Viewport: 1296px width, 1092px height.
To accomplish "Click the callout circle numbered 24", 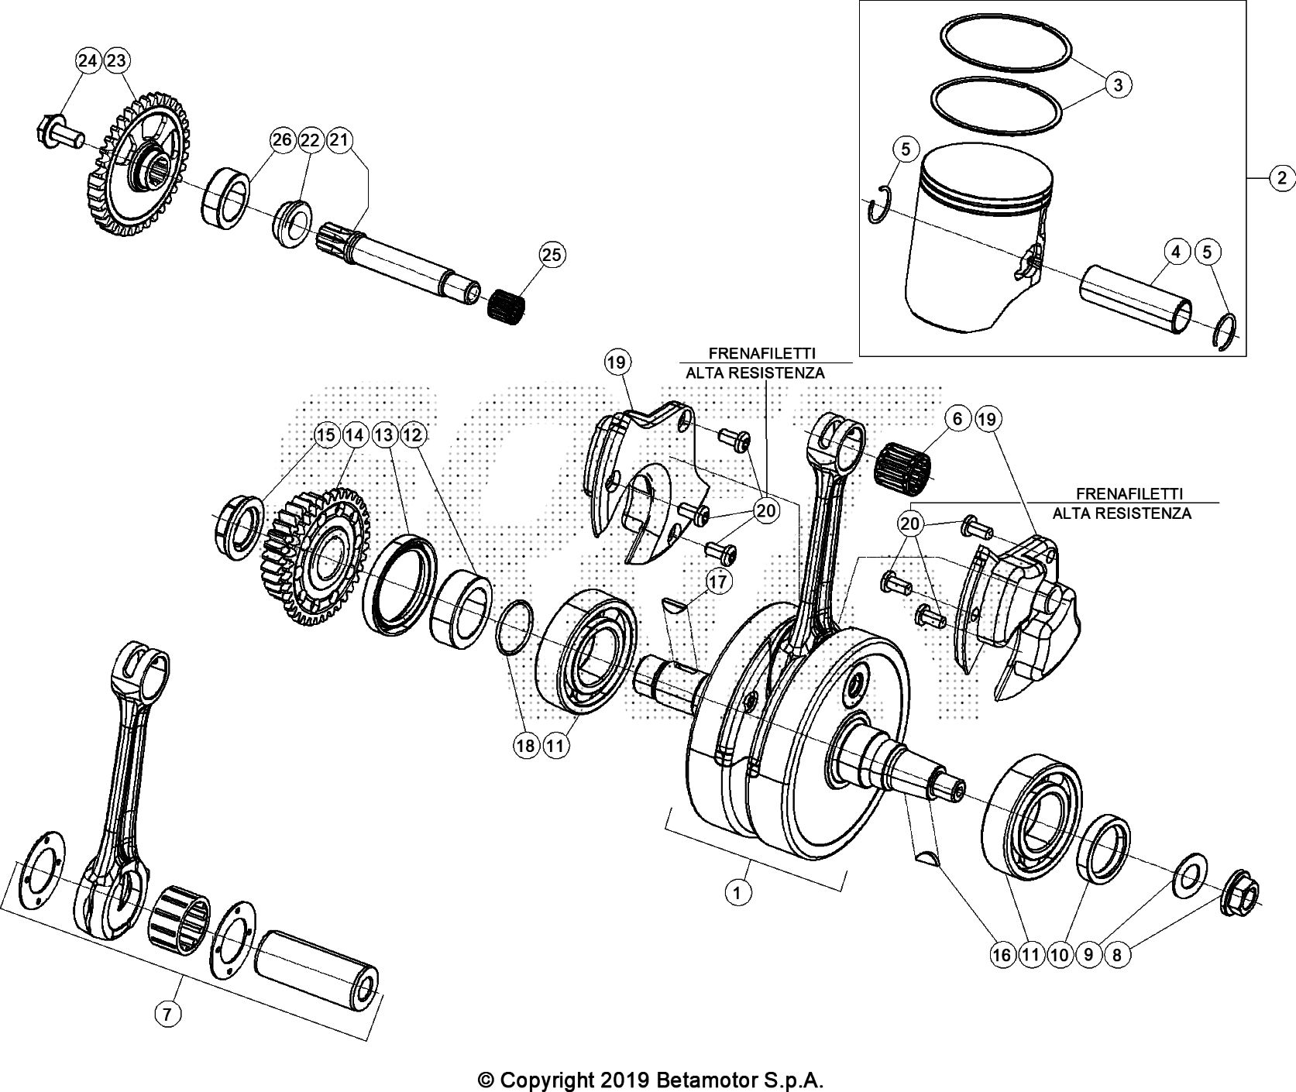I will point(88,61).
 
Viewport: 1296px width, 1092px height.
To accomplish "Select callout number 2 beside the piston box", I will point(1282,179).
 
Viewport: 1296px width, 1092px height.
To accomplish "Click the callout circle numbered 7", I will point(169,1012).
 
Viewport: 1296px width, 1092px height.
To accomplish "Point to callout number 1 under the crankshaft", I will point(737,893).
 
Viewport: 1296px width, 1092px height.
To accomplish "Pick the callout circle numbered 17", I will point(718,581).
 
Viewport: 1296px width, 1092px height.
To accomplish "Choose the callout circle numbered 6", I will point(957,419).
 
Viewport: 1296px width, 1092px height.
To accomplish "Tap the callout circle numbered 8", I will point(1116,955).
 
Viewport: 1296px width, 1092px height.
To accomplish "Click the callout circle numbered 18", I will point(525,746).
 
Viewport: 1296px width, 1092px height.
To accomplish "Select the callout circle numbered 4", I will point(1175,252).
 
